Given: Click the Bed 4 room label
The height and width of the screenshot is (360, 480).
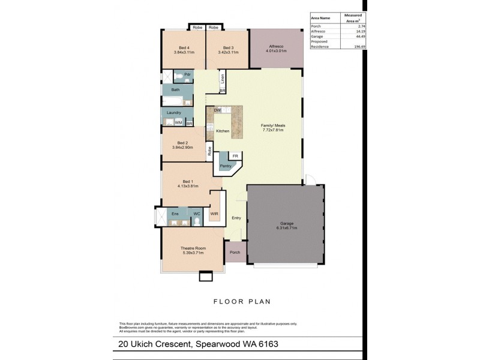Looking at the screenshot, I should [x=184, y=48].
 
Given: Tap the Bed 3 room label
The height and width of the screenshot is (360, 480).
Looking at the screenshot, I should [x=228, y=48].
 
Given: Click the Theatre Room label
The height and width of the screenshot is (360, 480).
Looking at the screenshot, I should [x=193, y=248].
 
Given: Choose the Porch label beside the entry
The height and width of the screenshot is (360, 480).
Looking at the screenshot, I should [x=235, y=252].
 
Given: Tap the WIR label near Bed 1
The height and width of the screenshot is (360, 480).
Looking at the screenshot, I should [x=214, y=213].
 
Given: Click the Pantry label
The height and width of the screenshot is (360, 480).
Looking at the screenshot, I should [x=226, y=166].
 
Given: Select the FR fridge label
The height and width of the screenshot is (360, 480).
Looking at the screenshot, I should [x=235, y=155].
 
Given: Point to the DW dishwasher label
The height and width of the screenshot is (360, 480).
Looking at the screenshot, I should [x=217, y=110].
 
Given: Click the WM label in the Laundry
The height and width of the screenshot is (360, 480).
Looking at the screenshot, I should [x=178, y=122].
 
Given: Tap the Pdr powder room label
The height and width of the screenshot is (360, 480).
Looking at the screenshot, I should [x=187, y=74].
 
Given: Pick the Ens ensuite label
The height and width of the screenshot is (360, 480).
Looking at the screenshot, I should [x=175, y=214].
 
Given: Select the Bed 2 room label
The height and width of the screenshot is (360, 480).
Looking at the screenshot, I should [x=184, y=143].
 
